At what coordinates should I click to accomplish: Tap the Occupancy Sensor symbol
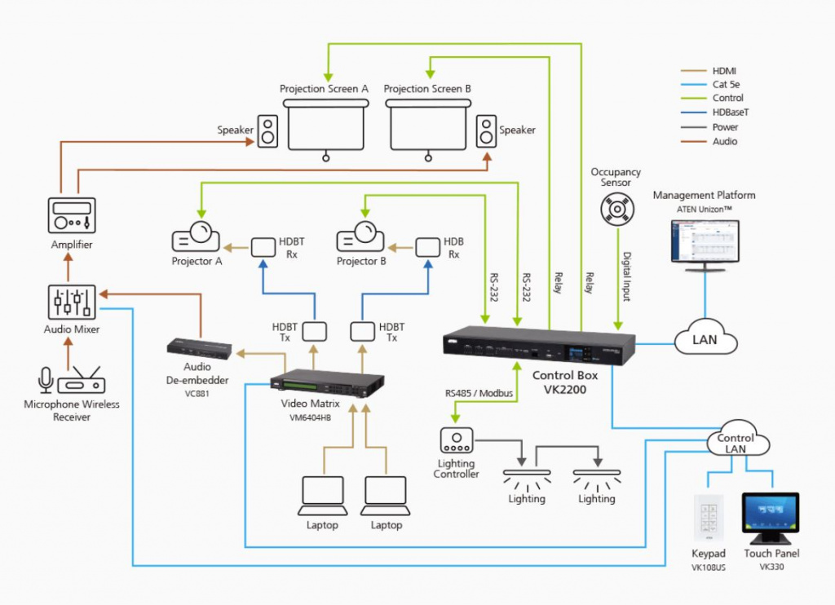click(x=616, y=210)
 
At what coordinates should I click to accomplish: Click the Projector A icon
click(x=196, y=237)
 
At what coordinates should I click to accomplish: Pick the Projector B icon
click(x=360, y=237)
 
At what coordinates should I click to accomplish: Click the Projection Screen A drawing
click(x=325, y=126)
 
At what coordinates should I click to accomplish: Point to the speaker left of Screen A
click(x=268, y=130)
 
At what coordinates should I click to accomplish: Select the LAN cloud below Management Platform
click(x=705, y=338)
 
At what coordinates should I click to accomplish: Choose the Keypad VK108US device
click(x=708, y=518)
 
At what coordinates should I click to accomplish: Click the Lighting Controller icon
click(x=456, y=441)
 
